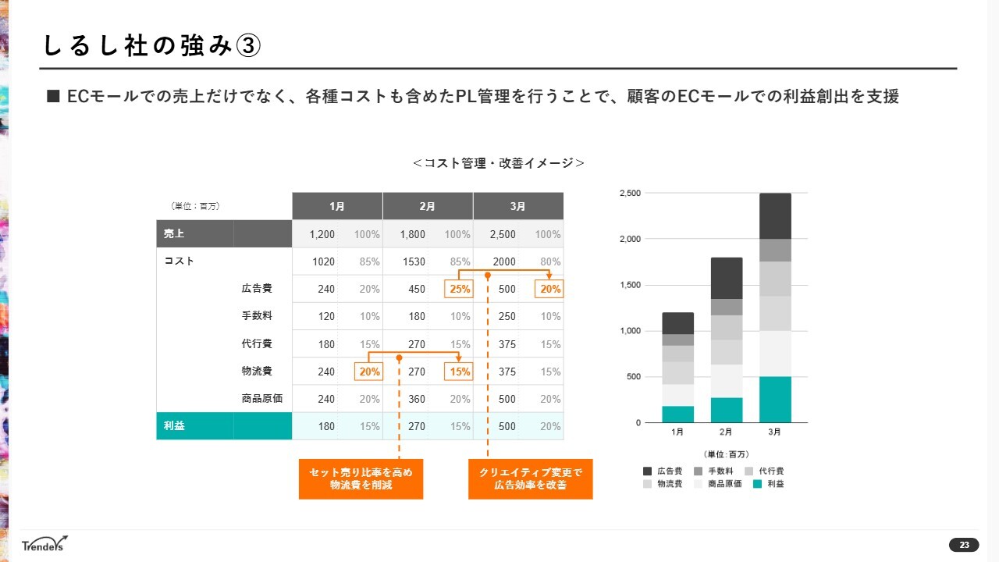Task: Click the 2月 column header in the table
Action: coord(427,206)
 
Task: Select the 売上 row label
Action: coord(175,233)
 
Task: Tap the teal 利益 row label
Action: coord(175,426)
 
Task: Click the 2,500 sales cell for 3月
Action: coord(503,234)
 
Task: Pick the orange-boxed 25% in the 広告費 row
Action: coord(458,289)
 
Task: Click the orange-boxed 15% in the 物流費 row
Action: coord(458,372)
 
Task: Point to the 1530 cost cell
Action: coord(414,261)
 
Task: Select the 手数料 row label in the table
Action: coord(257,316)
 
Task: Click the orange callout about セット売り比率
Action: coord(361,478)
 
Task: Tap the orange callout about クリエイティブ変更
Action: coord(530,478)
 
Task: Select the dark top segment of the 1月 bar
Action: coord(677,323)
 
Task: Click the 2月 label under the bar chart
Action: coord(726,432)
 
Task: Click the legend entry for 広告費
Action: coord(663,471)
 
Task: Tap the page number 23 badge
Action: coord(964,545)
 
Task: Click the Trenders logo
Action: coord(45,543)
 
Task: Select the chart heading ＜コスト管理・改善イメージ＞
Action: coord(499,163)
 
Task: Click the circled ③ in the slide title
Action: coord(247,46)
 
